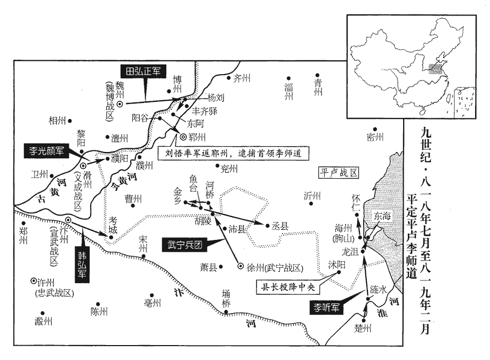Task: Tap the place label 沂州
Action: coord(312,195)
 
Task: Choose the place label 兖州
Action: coord(229,169)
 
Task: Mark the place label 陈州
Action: coord(99,311)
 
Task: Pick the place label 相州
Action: coord(57,121)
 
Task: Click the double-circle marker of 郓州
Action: coord(183,137)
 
